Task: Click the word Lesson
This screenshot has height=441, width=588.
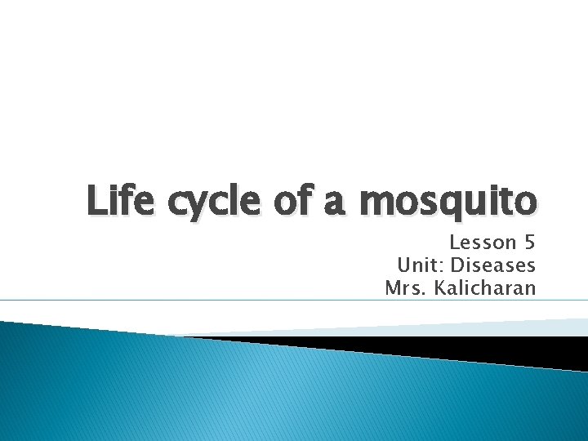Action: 482,243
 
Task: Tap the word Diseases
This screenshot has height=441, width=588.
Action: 493,265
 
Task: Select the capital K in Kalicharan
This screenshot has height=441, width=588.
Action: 439,287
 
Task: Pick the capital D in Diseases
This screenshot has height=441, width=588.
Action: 458,265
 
